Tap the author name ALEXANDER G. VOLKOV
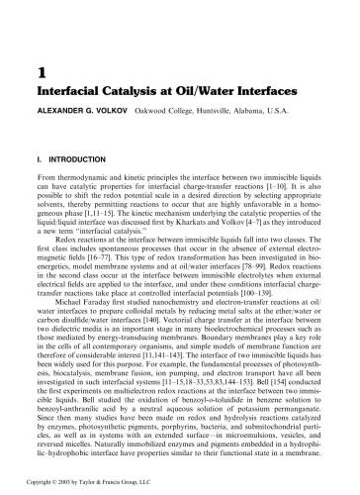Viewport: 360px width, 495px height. coord(81,115)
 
